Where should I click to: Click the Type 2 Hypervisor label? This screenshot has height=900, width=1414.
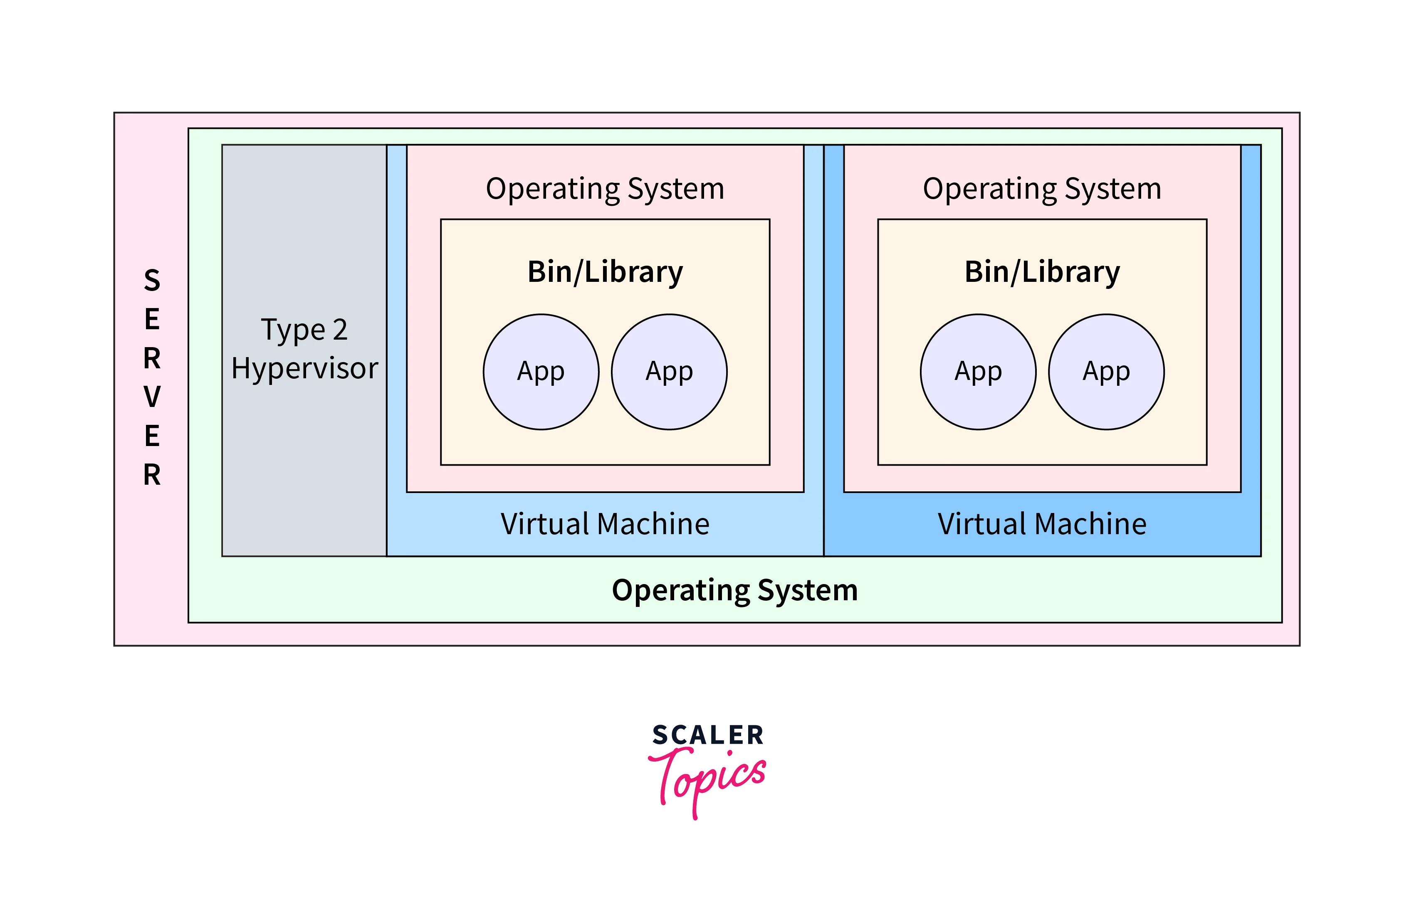tap(304, 349)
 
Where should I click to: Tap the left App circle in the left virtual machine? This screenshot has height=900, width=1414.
tap(541, 372)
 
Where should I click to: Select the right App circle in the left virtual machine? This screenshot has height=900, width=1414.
tap(669, 372)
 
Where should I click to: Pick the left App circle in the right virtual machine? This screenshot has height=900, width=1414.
tap(978, 372)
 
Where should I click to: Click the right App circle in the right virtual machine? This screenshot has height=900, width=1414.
tap(1106, 372)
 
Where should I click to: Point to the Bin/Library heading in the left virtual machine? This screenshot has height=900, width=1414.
tap(605, 272)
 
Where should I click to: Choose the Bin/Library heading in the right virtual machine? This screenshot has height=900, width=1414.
tap(1042, 272)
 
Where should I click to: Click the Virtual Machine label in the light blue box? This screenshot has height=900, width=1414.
tap(605, 524)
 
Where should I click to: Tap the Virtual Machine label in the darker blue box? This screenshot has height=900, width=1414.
tap(1042, 524)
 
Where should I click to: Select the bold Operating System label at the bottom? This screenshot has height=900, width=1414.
tap(734, 590)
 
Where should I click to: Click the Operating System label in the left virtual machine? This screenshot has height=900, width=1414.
tap(605, 189)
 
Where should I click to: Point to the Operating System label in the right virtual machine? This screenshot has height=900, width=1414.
tap(1042, 189)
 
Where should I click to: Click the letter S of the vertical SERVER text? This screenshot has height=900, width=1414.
tap(152, 281)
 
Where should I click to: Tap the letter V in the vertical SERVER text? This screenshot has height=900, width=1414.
tap(152, 397)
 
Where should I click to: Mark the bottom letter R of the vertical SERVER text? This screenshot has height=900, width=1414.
tap(152, 474)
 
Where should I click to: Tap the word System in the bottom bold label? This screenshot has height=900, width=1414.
tap(808, 590)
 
